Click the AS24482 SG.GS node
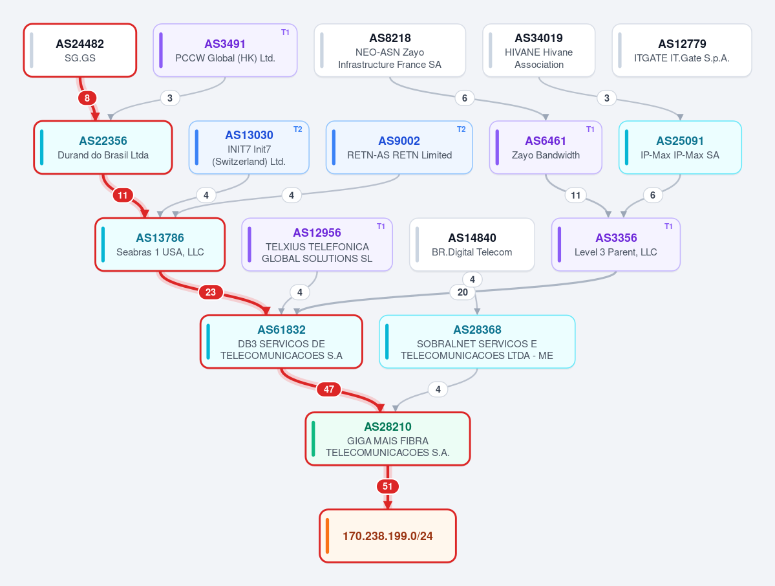coord(80,50)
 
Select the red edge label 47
coord(329,389)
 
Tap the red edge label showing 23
coord(211,292)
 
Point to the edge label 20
coord(463,292)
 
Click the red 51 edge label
coord(388,486)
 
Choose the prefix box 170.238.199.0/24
coord(388,536)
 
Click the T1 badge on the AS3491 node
coord(285,32)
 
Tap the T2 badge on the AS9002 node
coord(461,129)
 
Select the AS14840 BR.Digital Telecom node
coord(472,244)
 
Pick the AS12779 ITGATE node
coord(682,50)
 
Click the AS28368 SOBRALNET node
coord(477,342)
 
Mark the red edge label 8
coord(87,98)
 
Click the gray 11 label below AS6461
coord(575,195)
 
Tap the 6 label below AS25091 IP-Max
coord(652,195)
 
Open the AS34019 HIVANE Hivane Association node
coord(538,50)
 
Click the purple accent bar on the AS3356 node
coord(560,244)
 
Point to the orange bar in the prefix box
coord(327,536)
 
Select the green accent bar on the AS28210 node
coord(313,439)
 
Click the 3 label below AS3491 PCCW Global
coord(169,98)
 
